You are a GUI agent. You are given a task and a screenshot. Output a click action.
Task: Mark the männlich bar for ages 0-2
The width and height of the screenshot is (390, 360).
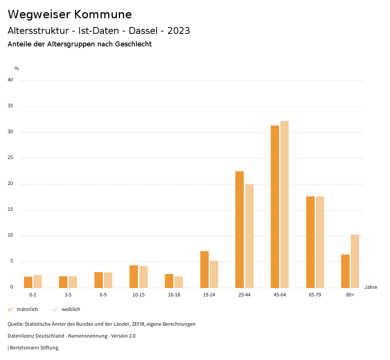click(28, 282)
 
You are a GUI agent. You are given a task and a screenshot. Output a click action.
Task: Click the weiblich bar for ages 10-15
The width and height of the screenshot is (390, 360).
click(144, 277)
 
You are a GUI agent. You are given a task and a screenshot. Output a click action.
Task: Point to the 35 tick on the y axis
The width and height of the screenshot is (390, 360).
click(10, 106)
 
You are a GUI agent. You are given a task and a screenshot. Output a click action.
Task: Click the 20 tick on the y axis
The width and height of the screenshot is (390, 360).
click(10, 184)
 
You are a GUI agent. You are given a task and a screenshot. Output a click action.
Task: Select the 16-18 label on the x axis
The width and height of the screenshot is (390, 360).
click(174, 295)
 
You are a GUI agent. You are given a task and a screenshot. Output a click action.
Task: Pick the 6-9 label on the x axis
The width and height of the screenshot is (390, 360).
click(103, 295)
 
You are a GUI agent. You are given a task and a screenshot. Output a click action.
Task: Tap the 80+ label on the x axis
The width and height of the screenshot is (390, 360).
click(350, 295)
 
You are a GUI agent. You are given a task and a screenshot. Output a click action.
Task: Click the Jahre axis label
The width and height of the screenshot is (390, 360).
click(371, 287)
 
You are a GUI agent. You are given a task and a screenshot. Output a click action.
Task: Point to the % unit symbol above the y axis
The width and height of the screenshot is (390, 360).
click(17, 68)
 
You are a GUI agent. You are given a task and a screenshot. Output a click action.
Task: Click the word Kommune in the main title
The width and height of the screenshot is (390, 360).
click(103, 14)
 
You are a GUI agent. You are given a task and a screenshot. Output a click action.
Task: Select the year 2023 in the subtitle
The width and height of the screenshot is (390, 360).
click(179, 31)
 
